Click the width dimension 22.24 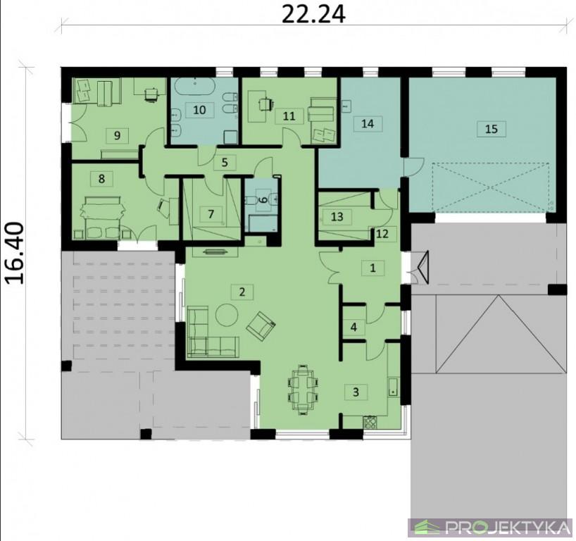(313, 15)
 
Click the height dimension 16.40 (15, 252)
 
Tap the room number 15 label (491, 129)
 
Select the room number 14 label (368, 123)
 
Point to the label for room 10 (199, 110)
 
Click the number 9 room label (117, 136)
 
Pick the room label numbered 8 (102, 179)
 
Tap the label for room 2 (242, 292)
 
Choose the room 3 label (356, 392)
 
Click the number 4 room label (353, 327)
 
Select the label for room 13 (337, 217)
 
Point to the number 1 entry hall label (373, 268)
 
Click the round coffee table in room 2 (227, 315)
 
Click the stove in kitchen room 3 (370, 422)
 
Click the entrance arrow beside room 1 (422, 267)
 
